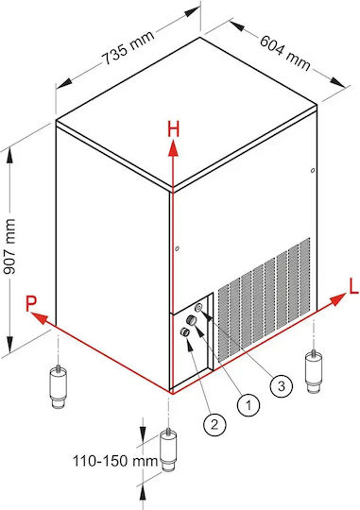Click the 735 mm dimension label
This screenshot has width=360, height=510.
coord(128,47)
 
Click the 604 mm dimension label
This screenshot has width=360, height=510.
coord(285,53)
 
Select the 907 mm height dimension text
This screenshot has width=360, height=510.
coord(9,246)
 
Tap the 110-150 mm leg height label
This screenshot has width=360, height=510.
coord(115,461)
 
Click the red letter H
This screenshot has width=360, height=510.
coord(174,128)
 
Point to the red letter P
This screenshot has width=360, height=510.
coord(31,304)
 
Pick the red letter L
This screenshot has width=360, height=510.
coord(353,286)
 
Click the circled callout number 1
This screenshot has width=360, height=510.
coord(249,405)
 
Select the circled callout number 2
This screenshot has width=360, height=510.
coord(214,424)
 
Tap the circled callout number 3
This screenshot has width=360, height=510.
coord(282,386)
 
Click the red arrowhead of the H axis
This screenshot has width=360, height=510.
coord(173,148)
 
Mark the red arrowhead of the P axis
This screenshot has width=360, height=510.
coord(39,317)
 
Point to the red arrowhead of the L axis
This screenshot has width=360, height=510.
coord(338,298)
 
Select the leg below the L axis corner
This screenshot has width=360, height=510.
coord(313,371)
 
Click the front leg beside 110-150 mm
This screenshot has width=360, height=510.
coord(168,450)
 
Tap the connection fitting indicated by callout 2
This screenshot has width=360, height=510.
coord(185,332)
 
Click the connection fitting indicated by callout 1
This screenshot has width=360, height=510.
coord(192,320)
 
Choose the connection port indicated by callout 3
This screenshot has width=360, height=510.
coord(199,307)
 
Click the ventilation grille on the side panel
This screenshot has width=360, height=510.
coord(264,299)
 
